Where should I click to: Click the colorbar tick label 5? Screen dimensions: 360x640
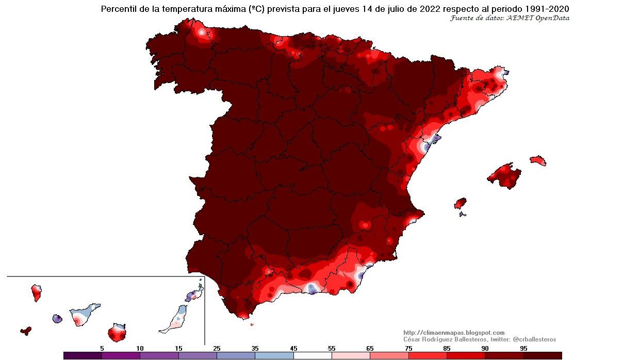pos(102,349)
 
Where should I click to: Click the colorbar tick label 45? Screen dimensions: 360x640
pos(293,349)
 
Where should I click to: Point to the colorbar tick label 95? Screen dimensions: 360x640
pos(523,349)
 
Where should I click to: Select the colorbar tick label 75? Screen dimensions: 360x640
pos(408,349)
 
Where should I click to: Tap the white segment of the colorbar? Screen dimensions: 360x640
pos(313,355)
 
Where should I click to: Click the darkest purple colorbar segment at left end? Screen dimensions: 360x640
pos(83,355)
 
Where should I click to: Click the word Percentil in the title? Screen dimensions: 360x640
pos(119,9)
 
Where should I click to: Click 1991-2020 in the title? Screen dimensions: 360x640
pos(545,9)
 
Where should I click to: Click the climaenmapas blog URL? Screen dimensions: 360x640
pos(454,333)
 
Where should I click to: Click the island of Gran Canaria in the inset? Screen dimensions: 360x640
pos(117,333)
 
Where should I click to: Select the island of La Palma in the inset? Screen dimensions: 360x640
pos(36,293)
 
